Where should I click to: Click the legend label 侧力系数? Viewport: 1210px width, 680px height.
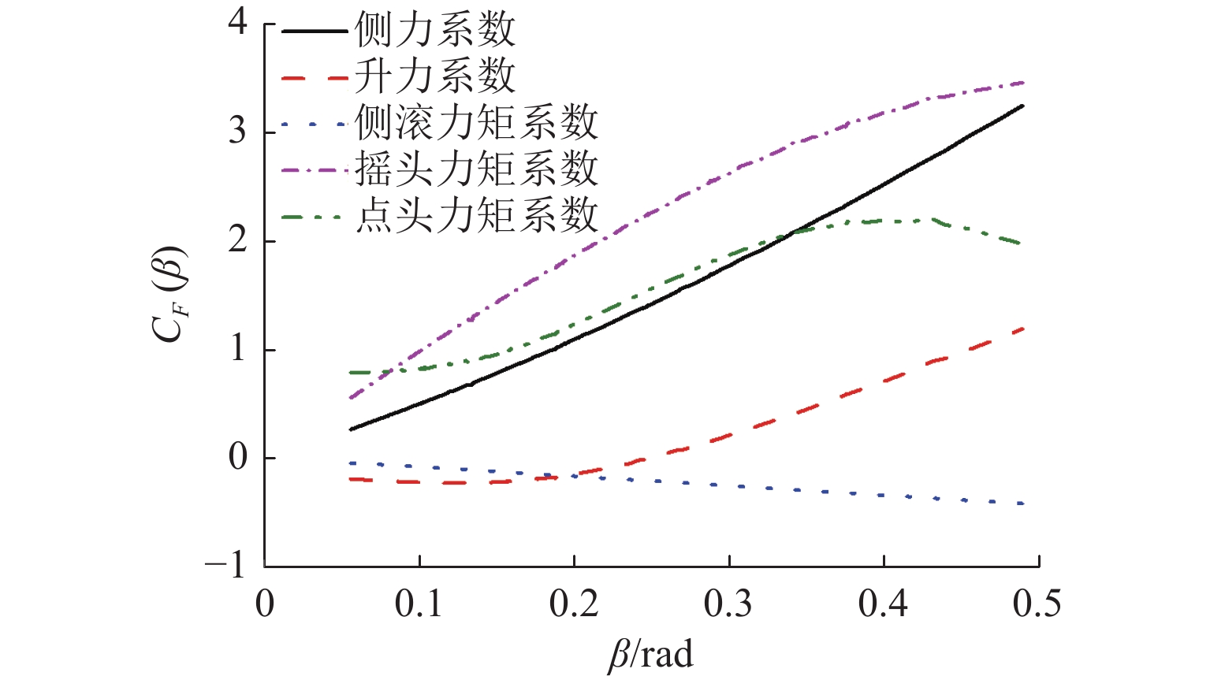coord(435,31)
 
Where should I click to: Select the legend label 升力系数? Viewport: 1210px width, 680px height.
coord(435,76)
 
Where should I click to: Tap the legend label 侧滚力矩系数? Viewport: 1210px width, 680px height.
coord(476,123)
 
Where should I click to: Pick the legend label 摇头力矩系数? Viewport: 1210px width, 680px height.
coord(476,169)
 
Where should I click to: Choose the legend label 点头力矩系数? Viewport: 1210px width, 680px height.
coord(476,214)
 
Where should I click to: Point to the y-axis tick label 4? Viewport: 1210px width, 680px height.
coord(237,22)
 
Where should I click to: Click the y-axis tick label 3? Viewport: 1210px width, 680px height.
coord(237,131)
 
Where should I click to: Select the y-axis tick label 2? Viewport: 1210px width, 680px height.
coord(237,240)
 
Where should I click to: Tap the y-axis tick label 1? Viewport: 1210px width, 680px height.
coord(237,348)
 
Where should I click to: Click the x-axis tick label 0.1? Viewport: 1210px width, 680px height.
coord(419,604)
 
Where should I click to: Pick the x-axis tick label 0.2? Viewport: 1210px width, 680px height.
coord(574,604)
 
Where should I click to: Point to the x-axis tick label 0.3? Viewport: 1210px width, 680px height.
coord(728,604)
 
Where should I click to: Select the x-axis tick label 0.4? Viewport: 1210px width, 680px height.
coord(883,604)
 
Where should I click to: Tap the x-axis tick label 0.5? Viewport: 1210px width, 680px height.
coord(1037,604)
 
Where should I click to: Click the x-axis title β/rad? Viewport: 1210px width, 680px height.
coord(651,655)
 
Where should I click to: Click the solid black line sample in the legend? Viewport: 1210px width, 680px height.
coord(315,32)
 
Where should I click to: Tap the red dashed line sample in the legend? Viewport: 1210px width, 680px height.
coord(315,77)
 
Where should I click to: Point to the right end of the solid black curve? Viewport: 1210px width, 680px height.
coord(1022,106)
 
